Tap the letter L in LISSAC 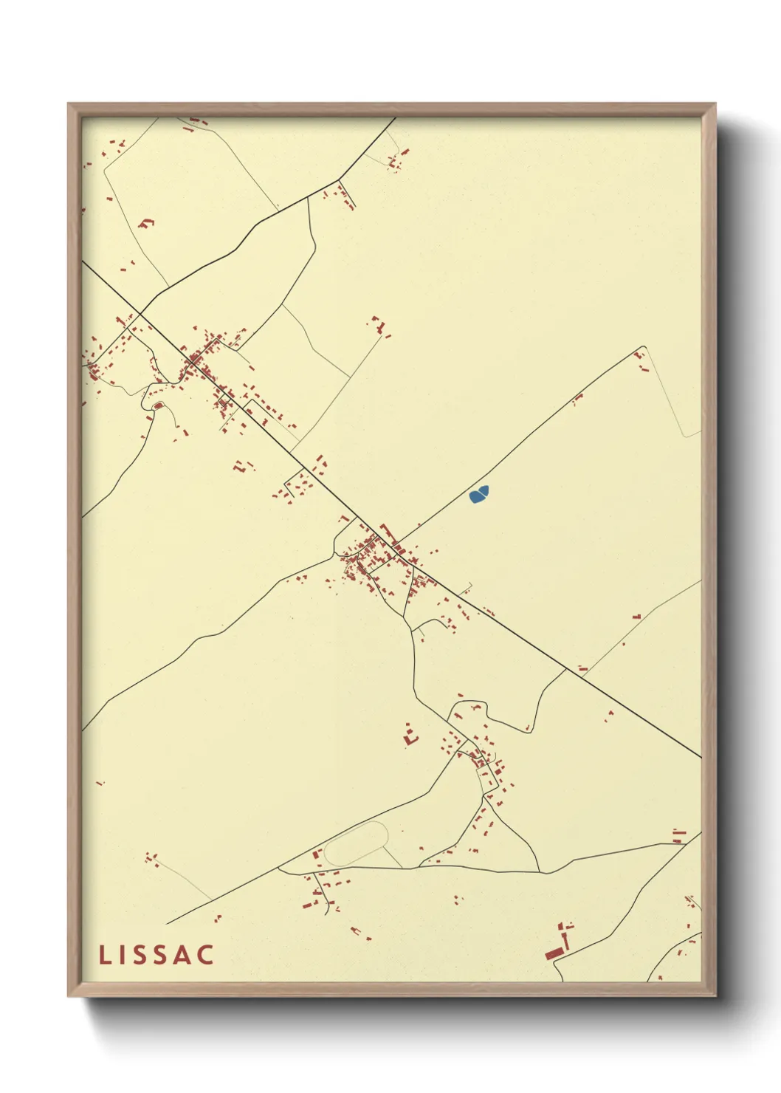[104, 955]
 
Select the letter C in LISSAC [205, 955]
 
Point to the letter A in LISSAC [181, 955]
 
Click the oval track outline [356, 844]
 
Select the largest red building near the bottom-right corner [553, 953]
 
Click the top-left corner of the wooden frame [69, 104]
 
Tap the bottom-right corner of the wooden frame [715, 996]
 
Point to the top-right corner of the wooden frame [715, 104]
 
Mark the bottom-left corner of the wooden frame [69, 996]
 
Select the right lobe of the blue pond [484, 490]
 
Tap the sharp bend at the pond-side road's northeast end [644, 346]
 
